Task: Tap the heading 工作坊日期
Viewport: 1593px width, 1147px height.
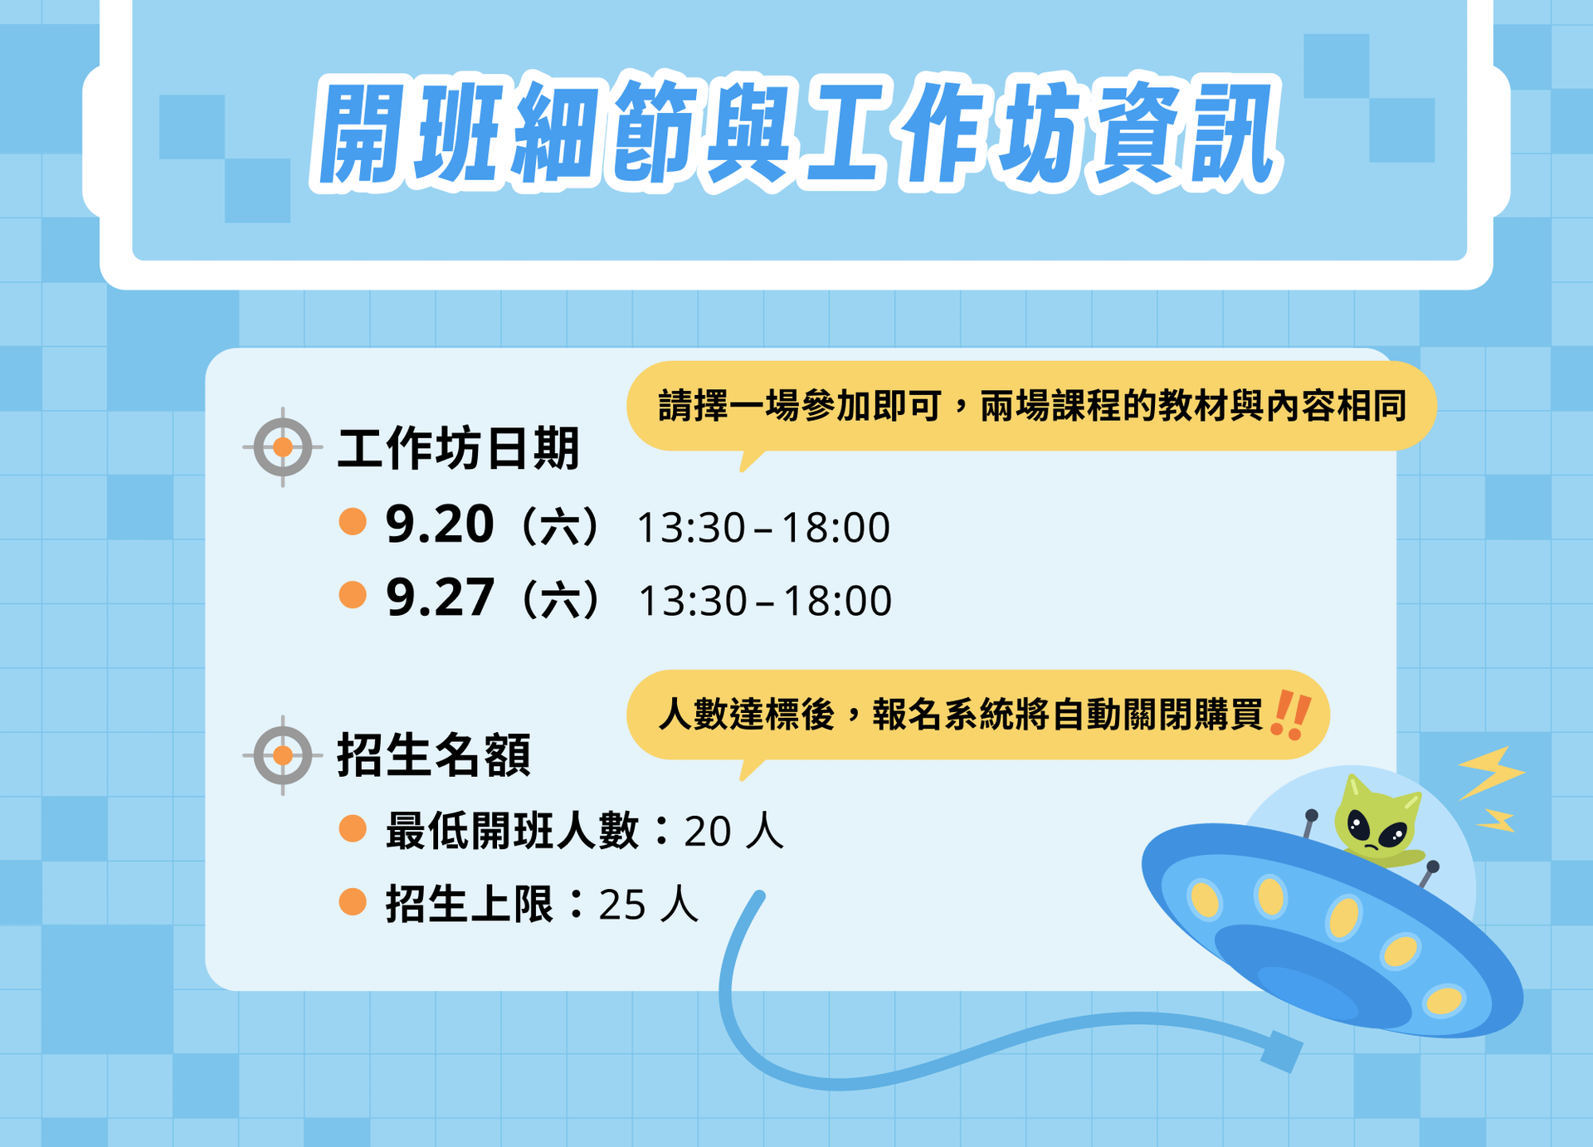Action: [x=458, y=448]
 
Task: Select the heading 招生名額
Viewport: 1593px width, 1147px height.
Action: [x=434, y=755]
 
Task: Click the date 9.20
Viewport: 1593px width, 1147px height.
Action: [x=440, y=525]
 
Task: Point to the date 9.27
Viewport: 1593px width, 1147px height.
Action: [x=440, y=598]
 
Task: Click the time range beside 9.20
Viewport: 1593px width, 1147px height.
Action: [x=763, y=528]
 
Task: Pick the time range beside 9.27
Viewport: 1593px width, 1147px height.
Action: [x=765, y=601]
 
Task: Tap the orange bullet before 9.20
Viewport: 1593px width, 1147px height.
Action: [x=353, y=522]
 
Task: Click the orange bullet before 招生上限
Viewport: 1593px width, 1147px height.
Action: [x=353, y=902]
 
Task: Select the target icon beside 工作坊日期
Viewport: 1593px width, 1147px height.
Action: [x=283, y=447]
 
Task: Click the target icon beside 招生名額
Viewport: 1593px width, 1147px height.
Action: [x=283, y=755]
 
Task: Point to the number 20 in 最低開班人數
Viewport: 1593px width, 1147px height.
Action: [x=708, y=832]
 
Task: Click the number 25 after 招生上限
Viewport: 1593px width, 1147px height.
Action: [x=622, y=905]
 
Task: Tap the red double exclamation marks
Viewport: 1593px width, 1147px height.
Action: [x=1291, y=714]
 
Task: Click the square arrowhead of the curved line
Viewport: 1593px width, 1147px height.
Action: [x=1282, y=1051]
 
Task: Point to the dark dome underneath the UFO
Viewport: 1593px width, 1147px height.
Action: [x=1311, y=975]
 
